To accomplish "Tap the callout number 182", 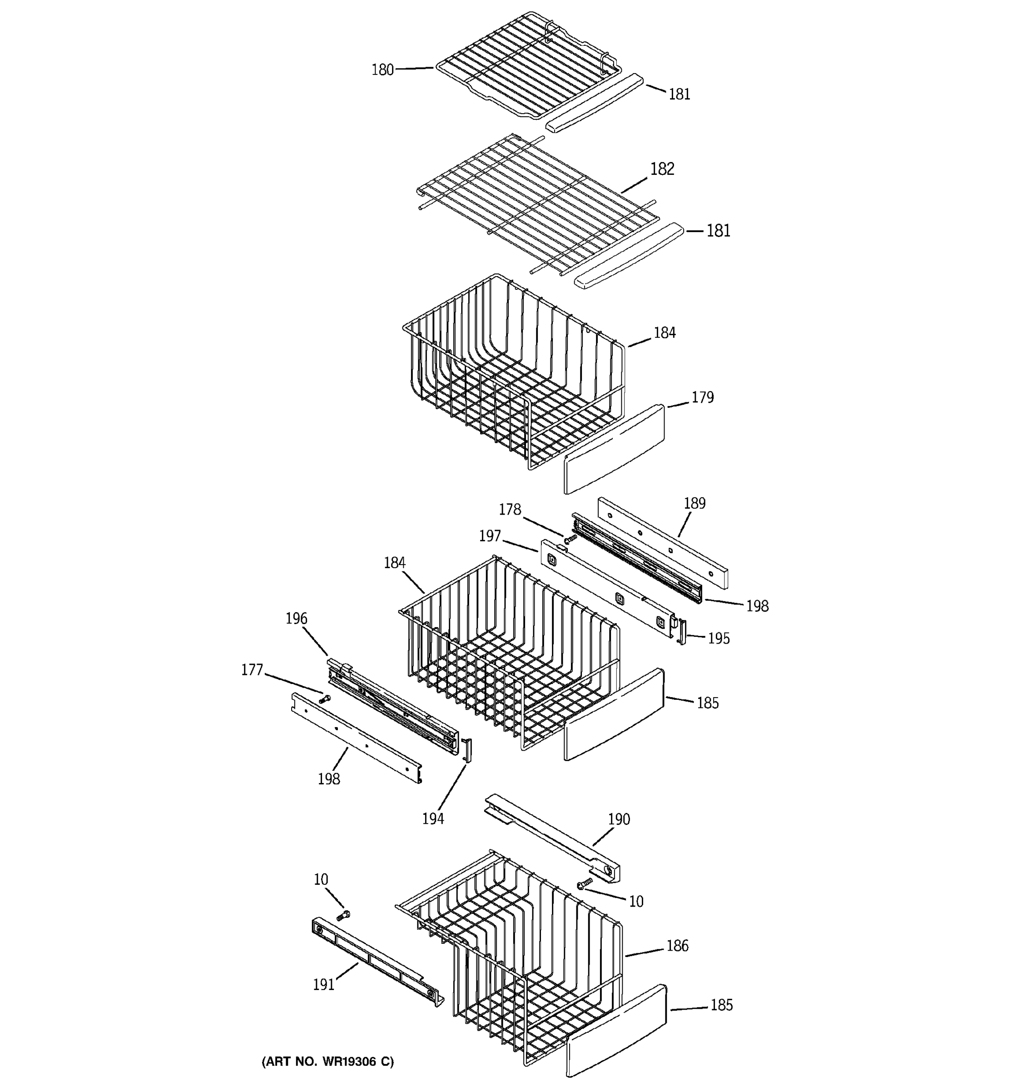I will coord(662,169).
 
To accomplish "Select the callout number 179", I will coord(702,397).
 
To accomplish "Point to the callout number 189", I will coord(694,503).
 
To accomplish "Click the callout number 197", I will coord(490,535).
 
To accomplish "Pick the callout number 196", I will coord(296,619).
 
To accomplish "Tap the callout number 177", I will coord(252,670).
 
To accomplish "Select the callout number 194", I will coord(432,818).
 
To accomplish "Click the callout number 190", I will coord(619,819).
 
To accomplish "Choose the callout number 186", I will coord(677,945).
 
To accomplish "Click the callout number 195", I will coord(718,638).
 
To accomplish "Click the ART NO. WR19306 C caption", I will coord(327,1061).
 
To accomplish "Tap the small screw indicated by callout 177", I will coord(325,699).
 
